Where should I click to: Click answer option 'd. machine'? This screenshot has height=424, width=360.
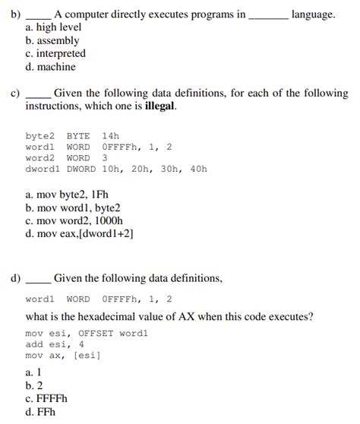(x=50, y=67)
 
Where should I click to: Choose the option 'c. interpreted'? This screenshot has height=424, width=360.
(x=55, y=53)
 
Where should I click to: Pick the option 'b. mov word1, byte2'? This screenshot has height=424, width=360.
(x=73, y=207)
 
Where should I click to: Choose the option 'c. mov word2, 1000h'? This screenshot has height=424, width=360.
(x=74, y=220)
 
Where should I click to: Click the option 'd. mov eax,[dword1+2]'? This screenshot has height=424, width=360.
(x=79, y=234)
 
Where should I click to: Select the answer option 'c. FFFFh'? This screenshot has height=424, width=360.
(x=46, y=400)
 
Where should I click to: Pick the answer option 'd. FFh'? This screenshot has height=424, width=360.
(x=41, y=413)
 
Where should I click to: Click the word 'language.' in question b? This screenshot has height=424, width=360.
(x=313, y=14)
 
